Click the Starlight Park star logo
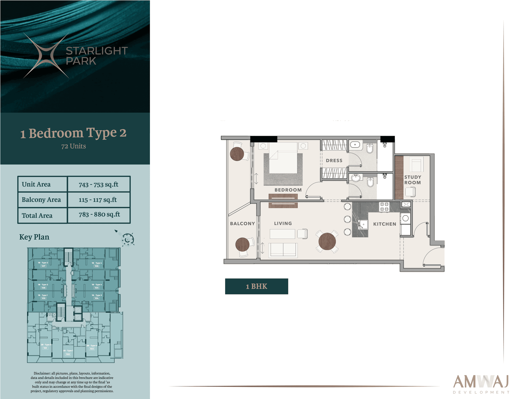(x=46, y=56)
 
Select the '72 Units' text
(x=73, y=146)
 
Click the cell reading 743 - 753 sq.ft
(x=98, y=184)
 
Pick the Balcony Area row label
(x=41, y=200)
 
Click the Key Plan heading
(x=34, y=237)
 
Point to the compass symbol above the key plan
(x=127, y=239)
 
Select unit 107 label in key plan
(x=43, y=266)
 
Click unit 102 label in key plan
(x=68, y=354)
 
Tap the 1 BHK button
(x=256, y=286)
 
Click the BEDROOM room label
(x=288, y=190)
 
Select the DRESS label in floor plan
(x=334, y=161)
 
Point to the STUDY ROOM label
(x=413, y=180)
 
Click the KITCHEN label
(x=384, y=224)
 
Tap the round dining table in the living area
(x=327, y=241)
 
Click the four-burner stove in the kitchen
(x=384, y=207)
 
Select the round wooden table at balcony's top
(x=237, y=154)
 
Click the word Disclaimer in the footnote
(x=42, y=373)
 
